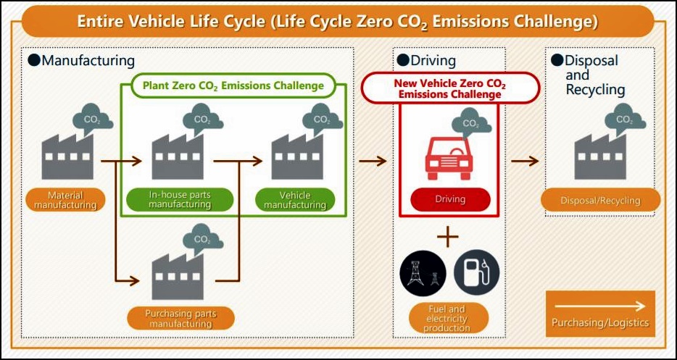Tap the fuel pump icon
[x=476, y=272]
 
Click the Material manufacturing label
[x=65, y=200]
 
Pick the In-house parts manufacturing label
[x=180, y=200]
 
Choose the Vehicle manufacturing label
[x=295, y=200]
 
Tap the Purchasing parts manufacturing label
[x=181, y=319]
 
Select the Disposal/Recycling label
[x=601, y=200]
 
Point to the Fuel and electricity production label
[x=448, y=319]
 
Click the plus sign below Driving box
[x=448, y=237]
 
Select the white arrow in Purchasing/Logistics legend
[x=599, y=306]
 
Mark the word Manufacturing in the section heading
[x=88, y=60]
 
